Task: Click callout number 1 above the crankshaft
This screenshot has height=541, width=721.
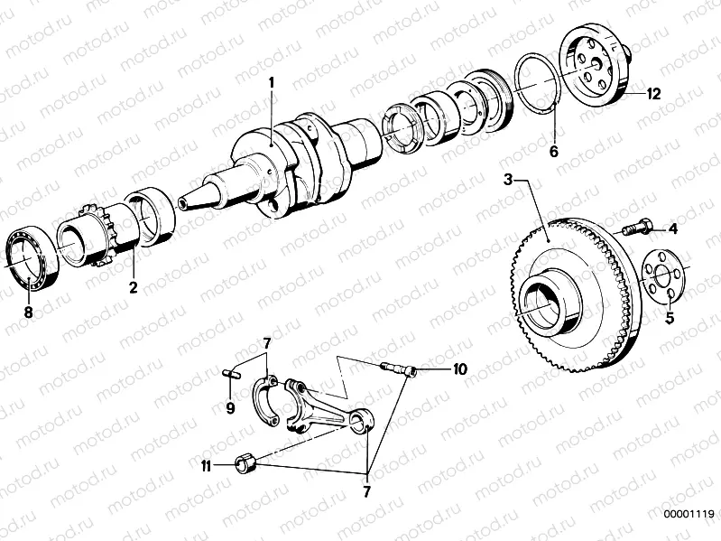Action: [270, 85]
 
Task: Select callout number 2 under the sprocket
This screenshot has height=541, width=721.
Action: [132, 288]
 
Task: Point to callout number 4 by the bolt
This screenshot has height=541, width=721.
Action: [671, 229]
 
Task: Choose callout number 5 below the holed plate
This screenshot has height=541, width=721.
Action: [670, 318]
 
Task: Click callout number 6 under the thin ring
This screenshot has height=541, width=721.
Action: [554, 152]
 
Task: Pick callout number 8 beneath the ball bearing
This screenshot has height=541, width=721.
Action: [28, 312]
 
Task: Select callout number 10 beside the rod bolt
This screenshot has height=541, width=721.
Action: [459, 369]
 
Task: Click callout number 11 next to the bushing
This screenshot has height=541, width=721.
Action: [207, 466]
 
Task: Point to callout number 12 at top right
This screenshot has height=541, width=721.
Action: [652, 93]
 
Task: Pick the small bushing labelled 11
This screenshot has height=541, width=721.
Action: [245, 465]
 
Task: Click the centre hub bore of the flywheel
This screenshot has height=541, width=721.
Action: [541, 302]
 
